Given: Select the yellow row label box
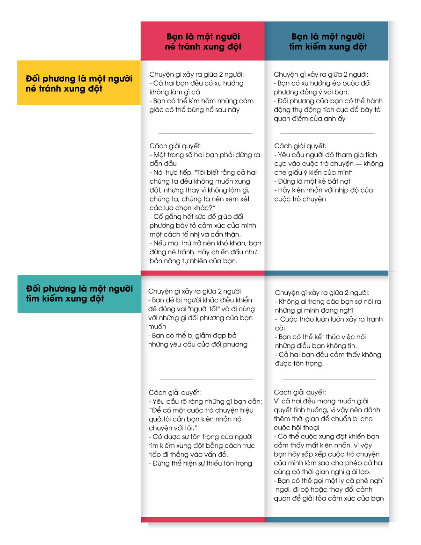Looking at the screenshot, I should click(79, 83).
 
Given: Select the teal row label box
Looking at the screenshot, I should click(79, 293).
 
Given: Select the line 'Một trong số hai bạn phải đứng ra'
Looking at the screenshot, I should click(204, 155).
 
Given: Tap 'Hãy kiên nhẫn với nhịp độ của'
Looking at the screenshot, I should click(323, 190).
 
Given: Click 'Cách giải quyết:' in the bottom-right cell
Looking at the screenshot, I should click(300, 392).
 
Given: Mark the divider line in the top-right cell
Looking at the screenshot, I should click(327, 133).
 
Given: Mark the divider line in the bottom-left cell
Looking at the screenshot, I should click(207, 379).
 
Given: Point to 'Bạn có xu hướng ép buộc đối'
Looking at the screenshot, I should click(323, 83).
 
